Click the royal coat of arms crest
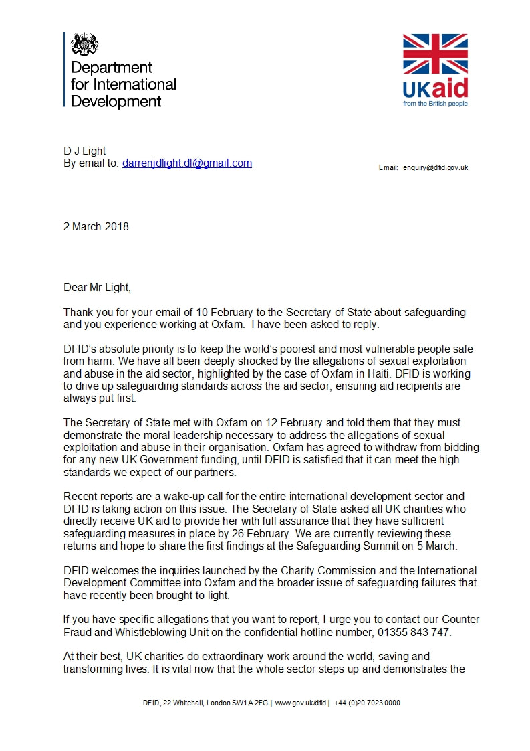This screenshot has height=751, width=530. click(85, 44)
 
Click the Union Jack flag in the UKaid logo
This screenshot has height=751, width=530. click(435, 54)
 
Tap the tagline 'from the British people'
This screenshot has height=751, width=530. click(435, 104)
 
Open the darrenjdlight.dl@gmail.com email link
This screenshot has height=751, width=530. click(187, 163)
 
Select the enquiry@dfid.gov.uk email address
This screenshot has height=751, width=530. click(435, 167)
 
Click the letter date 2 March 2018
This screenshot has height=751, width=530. click(96, 226)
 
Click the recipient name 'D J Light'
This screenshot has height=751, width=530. click(85, 151)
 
